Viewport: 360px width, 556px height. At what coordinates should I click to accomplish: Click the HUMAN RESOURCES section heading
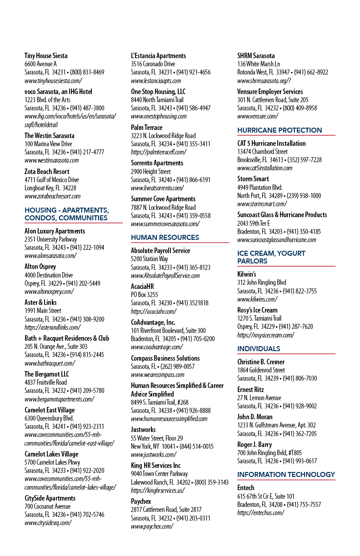165,237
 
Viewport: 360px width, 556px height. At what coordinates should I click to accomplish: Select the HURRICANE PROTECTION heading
280,130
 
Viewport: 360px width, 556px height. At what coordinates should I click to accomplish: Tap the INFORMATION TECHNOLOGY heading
286,474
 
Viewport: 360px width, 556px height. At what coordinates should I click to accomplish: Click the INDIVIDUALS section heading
259,348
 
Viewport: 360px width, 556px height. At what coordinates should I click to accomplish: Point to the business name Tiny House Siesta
46,55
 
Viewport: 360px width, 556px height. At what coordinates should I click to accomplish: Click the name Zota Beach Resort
47,171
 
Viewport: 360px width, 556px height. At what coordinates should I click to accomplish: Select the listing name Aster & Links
40,302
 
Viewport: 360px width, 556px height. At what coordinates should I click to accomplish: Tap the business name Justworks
143,429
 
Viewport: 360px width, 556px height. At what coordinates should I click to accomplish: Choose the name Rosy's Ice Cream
257,310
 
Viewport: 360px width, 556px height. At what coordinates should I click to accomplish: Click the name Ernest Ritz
250,389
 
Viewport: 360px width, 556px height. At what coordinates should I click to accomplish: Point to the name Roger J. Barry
255,444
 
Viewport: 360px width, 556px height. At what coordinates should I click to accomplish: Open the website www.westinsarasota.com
52,160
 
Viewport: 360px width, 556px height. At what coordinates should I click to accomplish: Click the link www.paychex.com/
152,526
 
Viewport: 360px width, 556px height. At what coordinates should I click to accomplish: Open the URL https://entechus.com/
260,512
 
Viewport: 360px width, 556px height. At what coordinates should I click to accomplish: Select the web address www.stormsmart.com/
262,204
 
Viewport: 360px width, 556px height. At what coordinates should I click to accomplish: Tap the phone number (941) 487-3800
87,108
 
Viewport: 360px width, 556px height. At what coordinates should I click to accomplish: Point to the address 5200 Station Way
149,259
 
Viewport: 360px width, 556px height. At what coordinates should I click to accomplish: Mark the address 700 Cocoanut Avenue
47,506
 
